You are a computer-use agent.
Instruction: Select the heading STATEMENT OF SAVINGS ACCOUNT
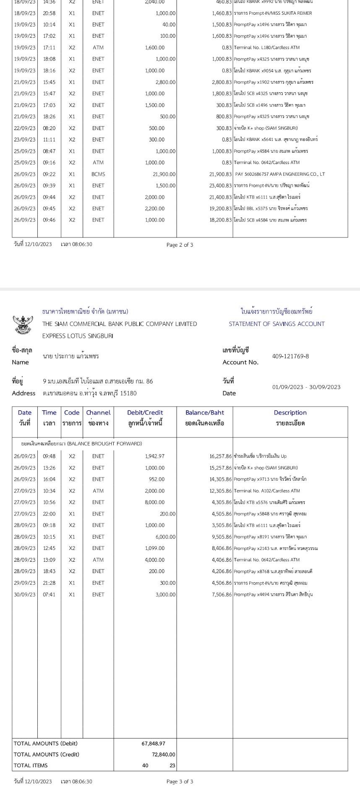tap(277, 324)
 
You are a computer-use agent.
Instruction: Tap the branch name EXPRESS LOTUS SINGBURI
tap(78, 336)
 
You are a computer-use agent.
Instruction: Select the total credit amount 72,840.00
tap(163, 754)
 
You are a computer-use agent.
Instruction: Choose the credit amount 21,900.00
tap(164, 174)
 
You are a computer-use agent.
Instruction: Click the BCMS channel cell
tap(98, 174)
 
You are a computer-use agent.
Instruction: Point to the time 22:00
tap(49, 513)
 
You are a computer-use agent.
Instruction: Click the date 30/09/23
tap(25, 594)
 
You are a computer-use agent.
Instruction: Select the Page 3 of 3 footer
tap(180, 782)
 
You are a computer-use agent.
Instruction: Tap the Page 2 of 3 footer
tap(180, 245)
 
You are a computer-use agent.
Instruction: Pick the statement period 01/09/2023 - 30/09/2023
tap(306, 387)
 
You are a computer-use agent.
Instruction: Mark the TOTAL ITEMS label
tap(31, 765)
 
